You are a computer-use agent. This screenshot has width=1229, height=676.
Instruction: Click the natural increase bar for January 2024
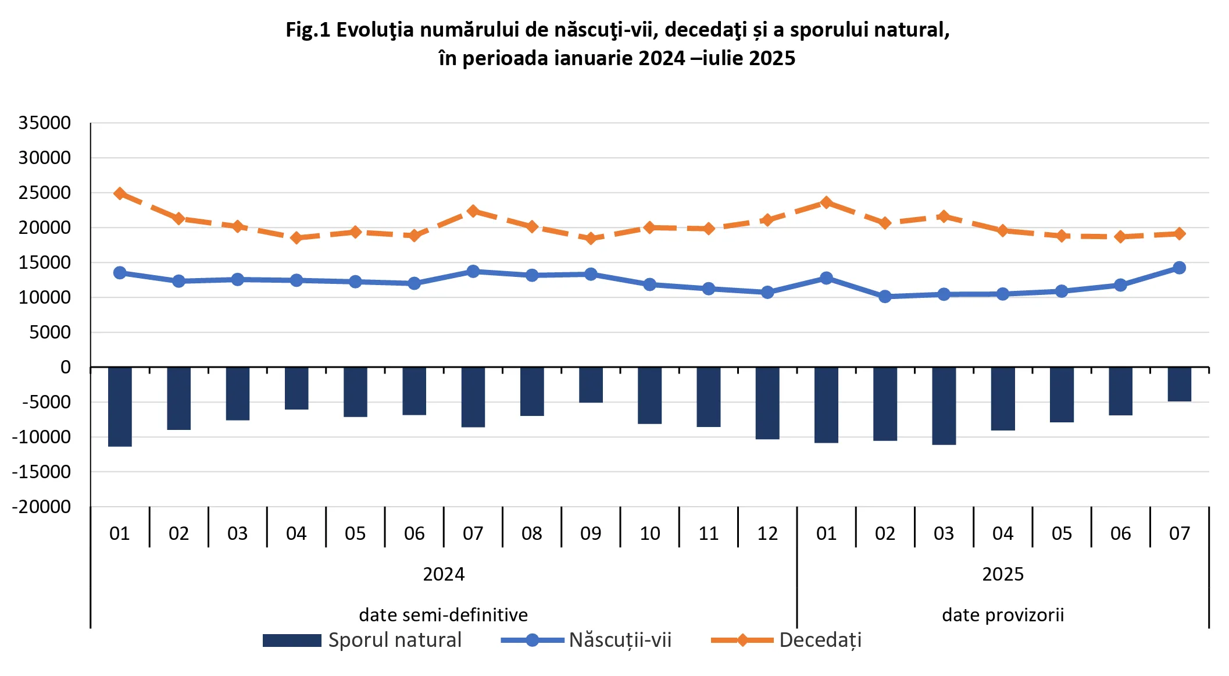[x=120, y=407]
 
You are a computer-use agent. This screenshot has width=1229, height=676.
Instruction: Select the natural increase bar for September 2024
[x=591, y=385]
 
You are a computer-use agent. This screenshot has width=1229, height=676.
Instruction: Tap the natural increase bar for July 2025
[x=1179, y=384]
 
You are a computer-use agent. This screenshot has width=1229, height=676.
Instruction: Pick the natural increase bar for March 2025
[x=944, y=405]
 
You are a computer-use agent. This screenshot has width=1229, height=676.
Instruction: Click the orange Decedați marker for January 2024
[x=120, y=193]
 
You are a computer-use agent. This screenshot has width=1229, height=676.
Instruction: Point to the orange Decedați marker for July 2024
[x=473, y=211]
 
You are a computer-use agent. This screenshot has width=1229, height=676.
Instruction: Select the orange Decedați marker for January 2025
[x=826, y=202]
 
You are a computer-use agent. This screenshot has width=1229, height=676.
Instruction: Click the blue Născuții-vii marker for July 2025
[x=1179, y=268]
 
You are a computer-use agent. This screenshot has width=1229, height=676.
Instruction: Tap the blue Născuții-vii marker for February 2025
[x=885, y=297]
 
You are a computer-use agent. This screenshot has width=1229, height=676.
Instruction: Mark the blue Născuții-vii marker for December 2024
[x=767, y=292]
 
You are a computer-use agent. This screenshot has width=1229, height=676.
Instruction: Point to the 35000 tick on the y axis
[x=45, y=123]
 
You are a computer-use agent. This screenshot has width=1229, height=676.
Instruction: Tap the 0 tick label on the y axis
[x=66, y=367]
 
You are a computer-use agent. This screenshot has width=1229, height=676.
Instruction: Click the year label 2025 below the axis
[x=1003, y=574]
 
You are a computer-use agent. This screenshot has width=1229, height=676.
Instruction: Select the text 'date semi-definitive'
[x=444, y=615]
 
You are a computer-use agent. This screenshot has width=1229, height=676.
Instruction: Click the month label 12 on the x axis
[x=767, y=533]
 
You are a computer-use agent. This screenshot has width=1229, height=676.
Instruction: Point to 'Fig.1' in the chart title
[x=308, y=30]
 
